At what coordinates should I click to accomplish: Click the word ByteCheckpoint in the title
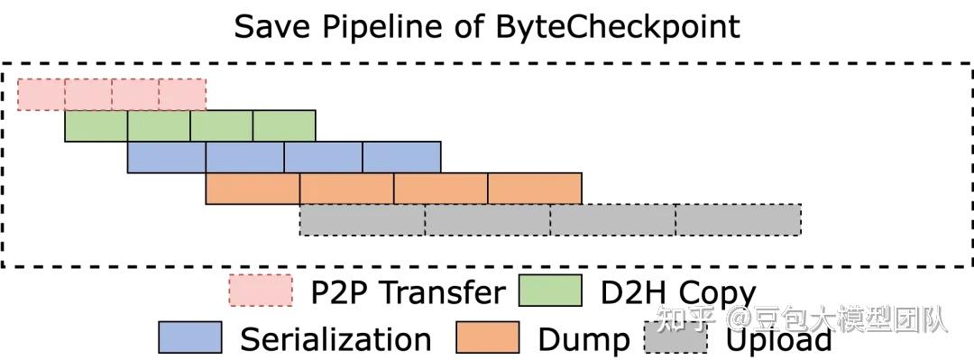(x=618, y=26)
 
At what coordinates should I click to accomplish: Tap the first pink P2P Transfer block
(x=41, y=94)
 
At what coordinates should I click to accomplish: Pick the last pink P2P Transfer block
(x=182, y=94)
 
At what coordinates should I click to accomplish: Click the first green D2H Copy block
(x=96, y=126)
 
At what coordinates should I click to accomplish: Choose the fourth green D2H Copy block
(x=284, y=126)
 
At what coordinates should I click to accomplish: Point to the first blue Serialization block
(x=167, y=157)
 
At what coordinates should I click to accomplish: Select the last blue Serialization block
(x=401, y=157)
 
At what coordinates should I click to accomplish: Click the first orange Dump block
(x=253, y=189)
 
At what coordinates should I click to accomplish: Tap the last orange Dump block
(x=535, y=189)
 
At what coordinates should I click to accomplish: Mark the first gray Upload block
(x=362, y=220)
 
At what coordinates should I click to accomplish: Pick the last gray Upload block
(x=738, y=220)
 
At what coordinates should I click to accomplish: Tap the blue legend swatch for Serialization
(x=189, y=337)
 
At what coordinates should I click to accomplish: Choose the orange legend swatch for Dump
(x=488, y=337)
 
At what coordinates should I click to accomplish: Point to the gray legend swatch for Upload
(x=675, y=337)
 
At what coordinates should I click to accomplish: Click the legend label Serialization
(x=335, y=339)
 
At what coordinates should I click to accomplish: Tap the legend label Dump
(x=583, y=339)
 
